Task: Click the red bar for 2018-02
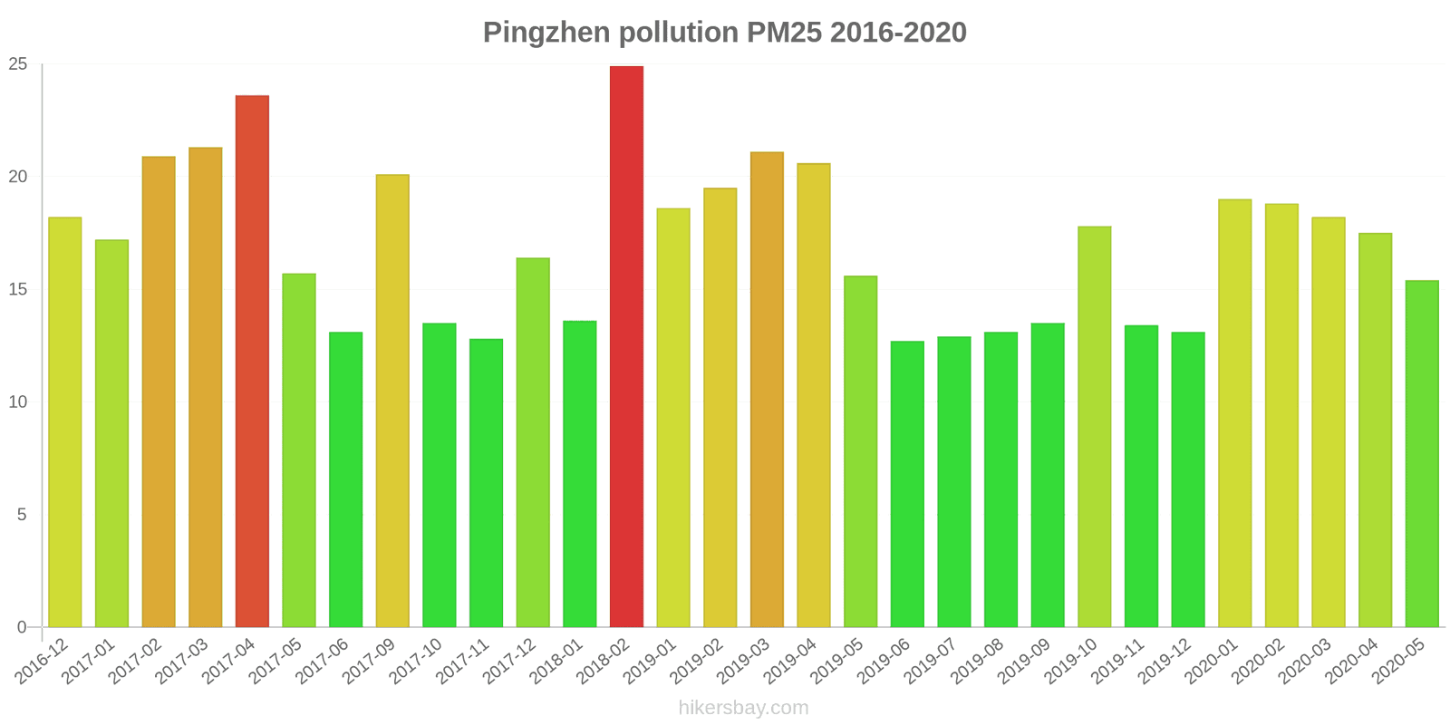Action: click(626, 346)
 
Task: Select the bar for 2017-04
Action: click(252, 361)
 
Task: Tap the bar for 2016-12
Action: click(65, 422)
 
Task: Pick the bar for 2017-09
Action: click(392, 401)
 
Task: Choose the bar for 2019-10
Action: click(1094, 427)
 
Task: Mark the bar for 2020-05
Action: click(1422, 454)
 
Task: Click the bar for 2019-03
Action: click(767, 390)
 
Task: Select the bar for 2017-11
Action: click(486, 483)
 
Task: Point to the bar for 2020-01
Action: click(1234, 413)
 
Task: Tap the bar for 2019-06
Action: click(907, 484)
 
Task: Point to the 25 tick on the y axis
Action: click(18, 64)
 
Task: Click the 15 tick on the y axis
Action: click(18, 289)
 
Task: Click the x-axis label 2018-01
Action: click(557, 661)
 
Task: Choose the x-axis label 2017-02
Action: click(136, 661)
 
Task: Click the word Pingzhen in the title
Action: click(546, 33)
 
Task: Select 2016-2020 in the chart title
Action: click(898, 33)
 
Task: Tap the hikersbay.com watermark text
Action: click(743, 708)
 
